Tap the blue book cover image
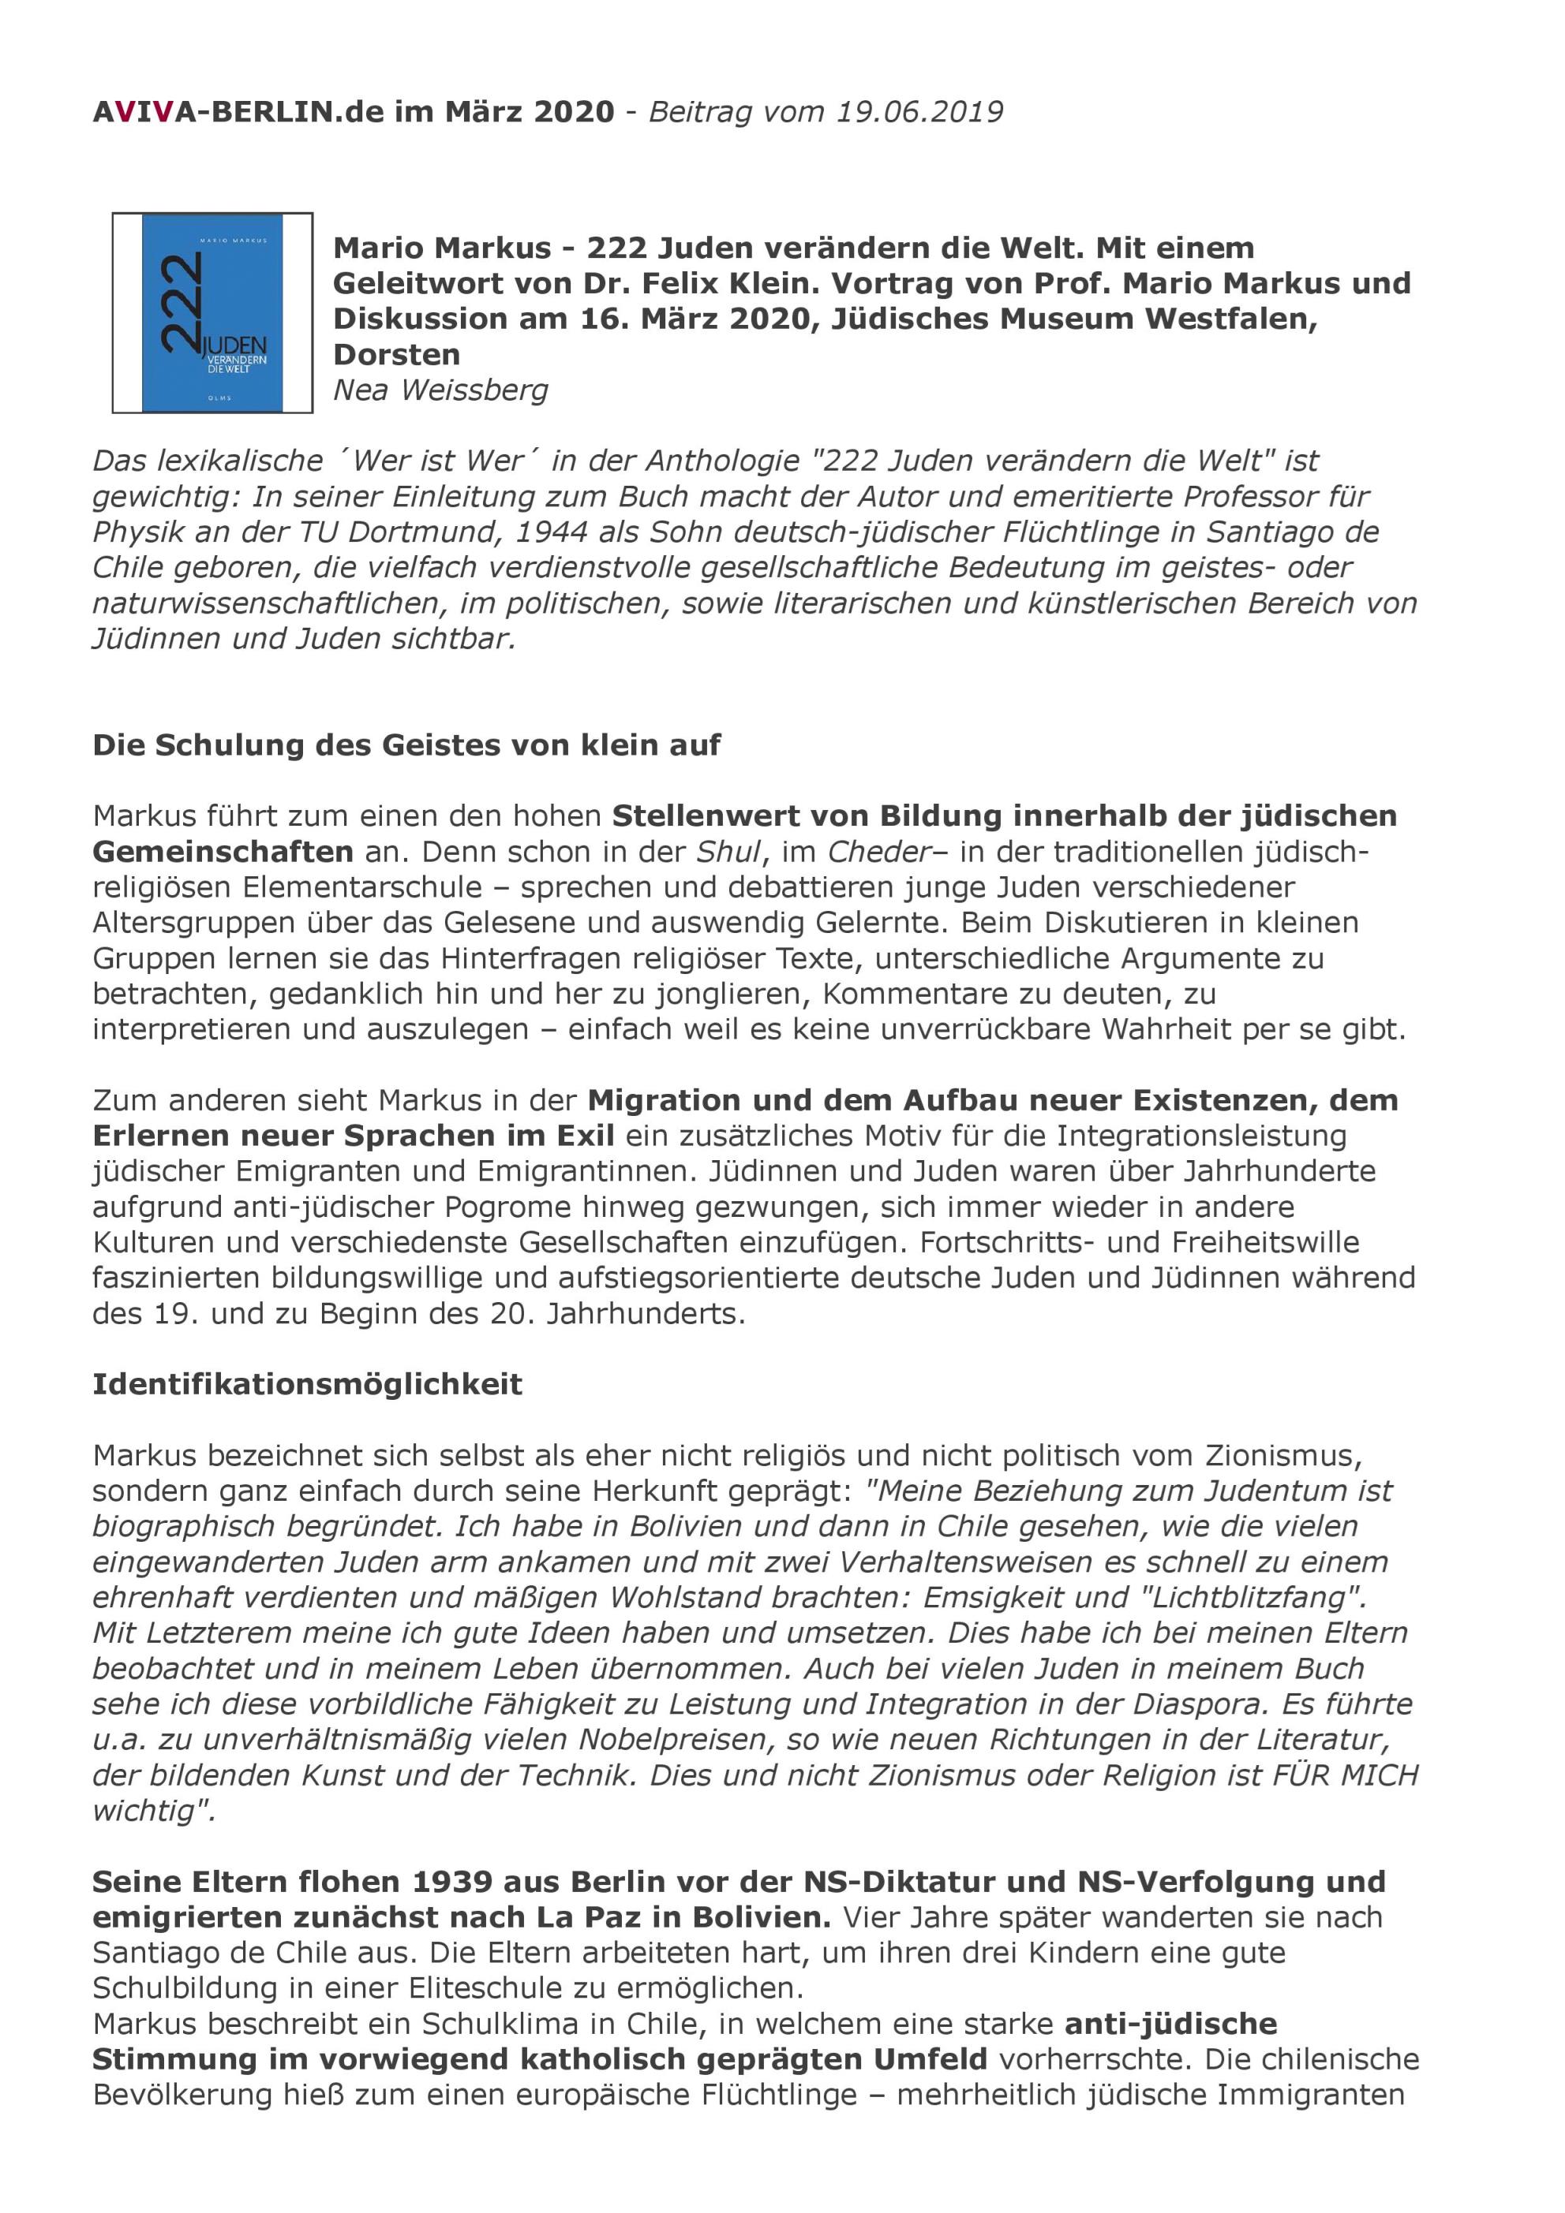[212, 312]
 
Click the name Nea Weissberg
[440, 390]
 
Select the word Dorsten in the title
[396, 355]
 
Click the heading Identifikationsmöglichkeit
[307, 1384]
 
